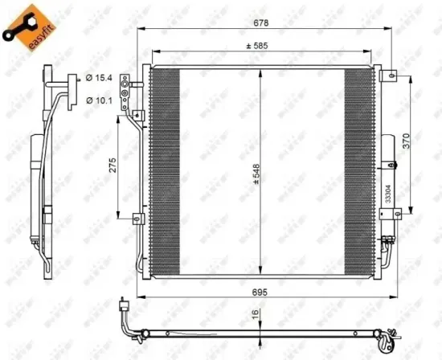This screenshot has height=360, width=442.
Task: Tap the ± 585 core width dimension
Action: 258,46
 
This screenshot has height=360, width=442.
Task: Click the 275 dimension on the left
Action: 113,166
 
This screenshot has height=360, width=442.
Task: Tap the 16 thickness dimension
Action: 254,315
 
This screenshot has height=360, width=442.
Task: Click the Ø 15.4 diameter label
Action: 98,78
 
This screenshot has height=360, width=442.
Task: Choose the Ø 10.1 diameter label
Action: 98,100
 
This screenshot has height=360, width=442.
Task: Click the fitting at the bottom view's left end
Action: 124,307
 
